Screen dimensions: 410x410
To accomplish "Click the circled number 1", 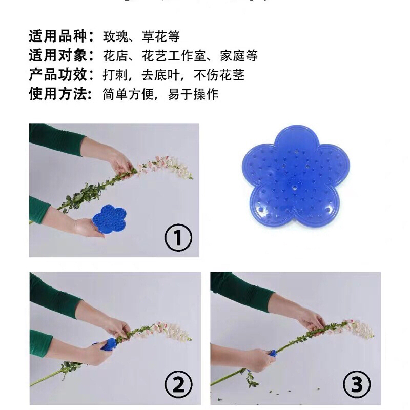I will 178,238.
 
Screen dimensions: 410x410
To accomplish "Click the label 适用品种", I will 57,37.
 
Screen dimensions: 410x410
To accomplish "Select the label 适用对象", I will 57,56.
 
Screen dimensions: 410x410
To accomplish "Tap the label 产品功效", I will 57,75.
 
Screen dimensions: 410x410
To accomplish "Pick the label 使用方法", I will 57,94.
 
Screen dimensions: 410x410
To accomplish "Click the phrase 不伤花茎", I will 219,75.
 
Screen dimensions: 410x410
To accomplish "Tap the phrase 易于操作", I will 193,94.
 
